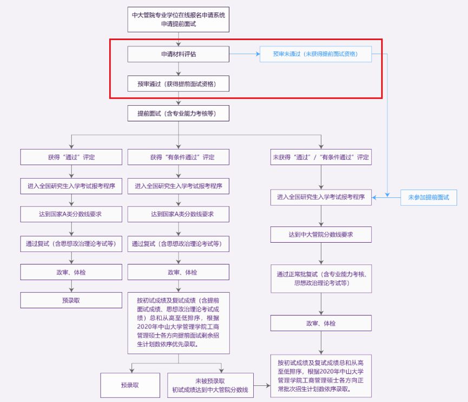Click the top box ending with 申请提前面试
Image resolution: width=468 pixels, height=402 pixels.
point(179,20)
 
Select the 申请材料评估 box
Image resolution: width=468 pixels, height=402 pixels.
point(179,54)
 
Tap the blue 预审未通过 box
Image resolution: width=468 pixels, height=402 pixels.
point(315,54)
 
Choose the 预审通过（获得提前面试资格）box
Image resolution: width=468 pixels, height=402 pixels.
point(179,83)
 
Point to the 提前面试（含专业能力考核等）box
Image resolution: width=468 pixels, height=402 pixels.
point(179,113)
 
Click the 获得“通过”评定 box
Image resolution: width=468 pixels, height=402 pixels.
point(71,157)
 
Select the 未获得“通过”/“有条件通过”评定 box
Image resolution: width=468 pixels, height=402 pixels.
point(321,157)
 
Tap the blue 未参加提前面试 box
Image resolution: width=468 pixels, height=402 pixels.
point(429,197)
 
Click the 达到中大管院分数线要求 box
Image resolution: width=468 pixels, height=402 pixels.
point(321,234)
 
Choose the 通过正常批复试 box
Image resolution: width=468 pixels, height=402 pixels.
point(321,278)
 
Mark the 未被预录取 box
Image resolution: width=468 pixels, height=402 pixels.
point(210,385)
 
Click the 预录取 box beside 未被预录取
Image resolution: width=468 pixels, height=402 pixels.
point(130,385)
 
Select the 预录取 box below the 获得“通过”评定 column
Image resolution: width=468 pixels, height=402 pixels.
point(71,300)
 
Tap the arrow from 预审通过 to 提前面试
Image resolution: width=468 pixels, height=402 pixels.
point(179,98)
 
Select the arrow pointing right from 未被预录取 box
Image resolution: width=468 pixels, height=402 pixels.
point(261,385)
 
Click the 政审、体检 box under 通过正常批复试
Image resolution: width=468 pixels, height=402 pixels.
point(321,323)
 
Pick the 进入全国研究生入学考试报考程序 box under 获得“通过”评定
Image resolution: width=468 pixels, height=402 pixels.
point(71,186)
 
